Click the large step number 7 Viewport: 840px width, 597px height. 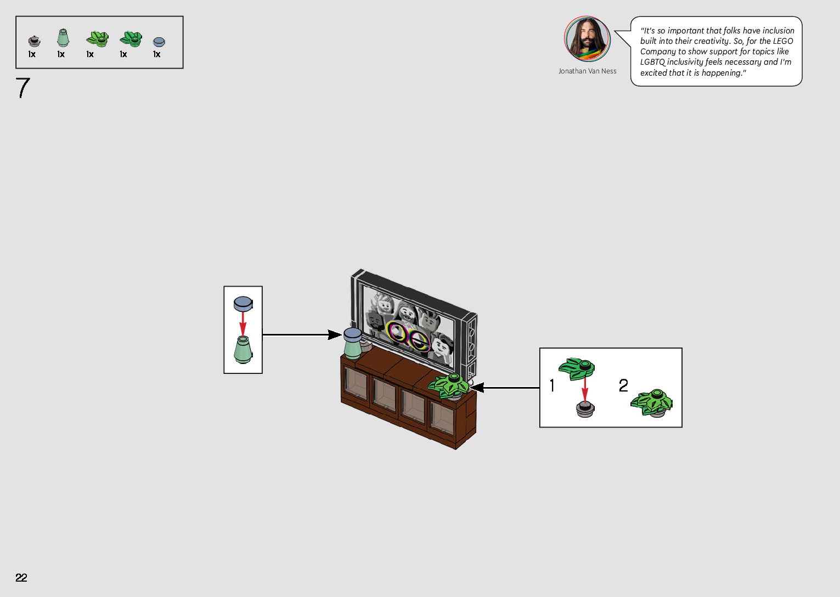click(23, 88)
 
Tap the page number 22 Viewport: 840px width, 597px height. click(21, 577)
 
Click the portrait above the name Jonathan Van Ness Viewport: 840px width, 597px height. click(587, 39)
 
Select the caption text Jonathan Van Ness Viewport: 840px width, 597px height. click(587, 71)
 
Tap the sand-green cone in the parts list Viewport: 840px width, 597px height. click(63, 38)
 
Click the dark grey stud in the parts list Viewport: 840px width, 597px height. click(34, 41)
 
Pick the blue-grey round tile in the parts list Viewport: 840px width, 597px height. click(159, 42)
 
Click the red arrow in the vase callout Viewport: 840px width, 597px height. click(243, 323)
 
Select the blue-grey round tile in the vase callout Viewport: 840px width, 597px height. click(243, 303)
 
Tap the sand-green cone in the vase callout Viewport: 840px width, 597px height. click(243, 349)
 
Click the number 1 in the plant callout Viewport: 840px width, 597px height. click(552, 385)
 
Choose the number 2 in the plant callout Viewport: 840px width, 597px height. click(623, 385)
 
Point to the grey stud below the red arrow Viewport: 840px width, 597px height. click(585, 409)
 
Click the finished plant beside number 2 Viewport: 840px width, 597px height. click(652, 403)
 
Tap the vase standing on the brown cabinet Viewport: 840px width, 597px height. click(352, 343)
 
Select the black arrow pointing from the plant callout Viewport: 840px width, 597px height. click(505, 388)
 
